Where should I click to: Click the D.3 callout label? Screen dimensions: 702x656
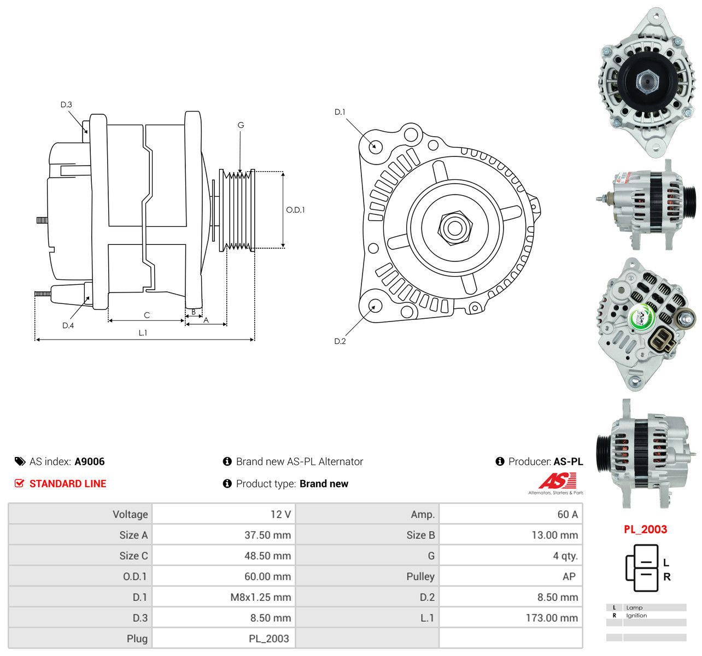tap(66, 104)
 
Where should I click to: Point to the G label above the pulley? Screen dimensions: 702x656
tap(241, 125)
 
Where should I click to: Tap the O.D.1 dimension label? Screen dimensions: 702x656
tap(295, 210)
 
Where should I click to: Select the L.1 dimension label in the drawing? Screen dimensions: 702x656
tap(143, 332)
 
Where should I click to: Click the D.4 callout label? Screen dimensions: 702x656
tap(68, 325)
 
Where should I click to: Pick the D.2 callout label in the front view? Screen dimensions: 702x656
tap(340, 341)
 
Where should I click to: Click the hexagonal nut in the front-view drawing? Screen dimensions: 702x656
tap(455, 228)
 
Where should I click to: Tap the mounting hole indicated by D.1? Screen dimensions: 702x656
tap(376, 146)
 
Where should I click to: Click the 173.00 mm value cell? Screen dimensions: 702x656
tap(552, 618)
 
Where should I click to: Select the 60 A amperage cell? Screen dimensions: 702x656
tap(568, 514)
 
